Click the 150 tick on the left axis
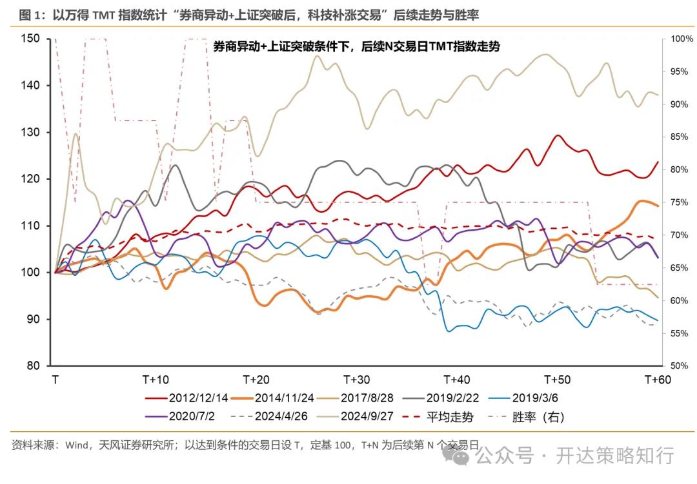pos(31,39)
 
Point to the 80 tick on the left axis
pos(34,366)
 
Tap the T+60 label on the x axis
pos(658,379)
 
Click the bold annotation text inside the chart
pos(356,47)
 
